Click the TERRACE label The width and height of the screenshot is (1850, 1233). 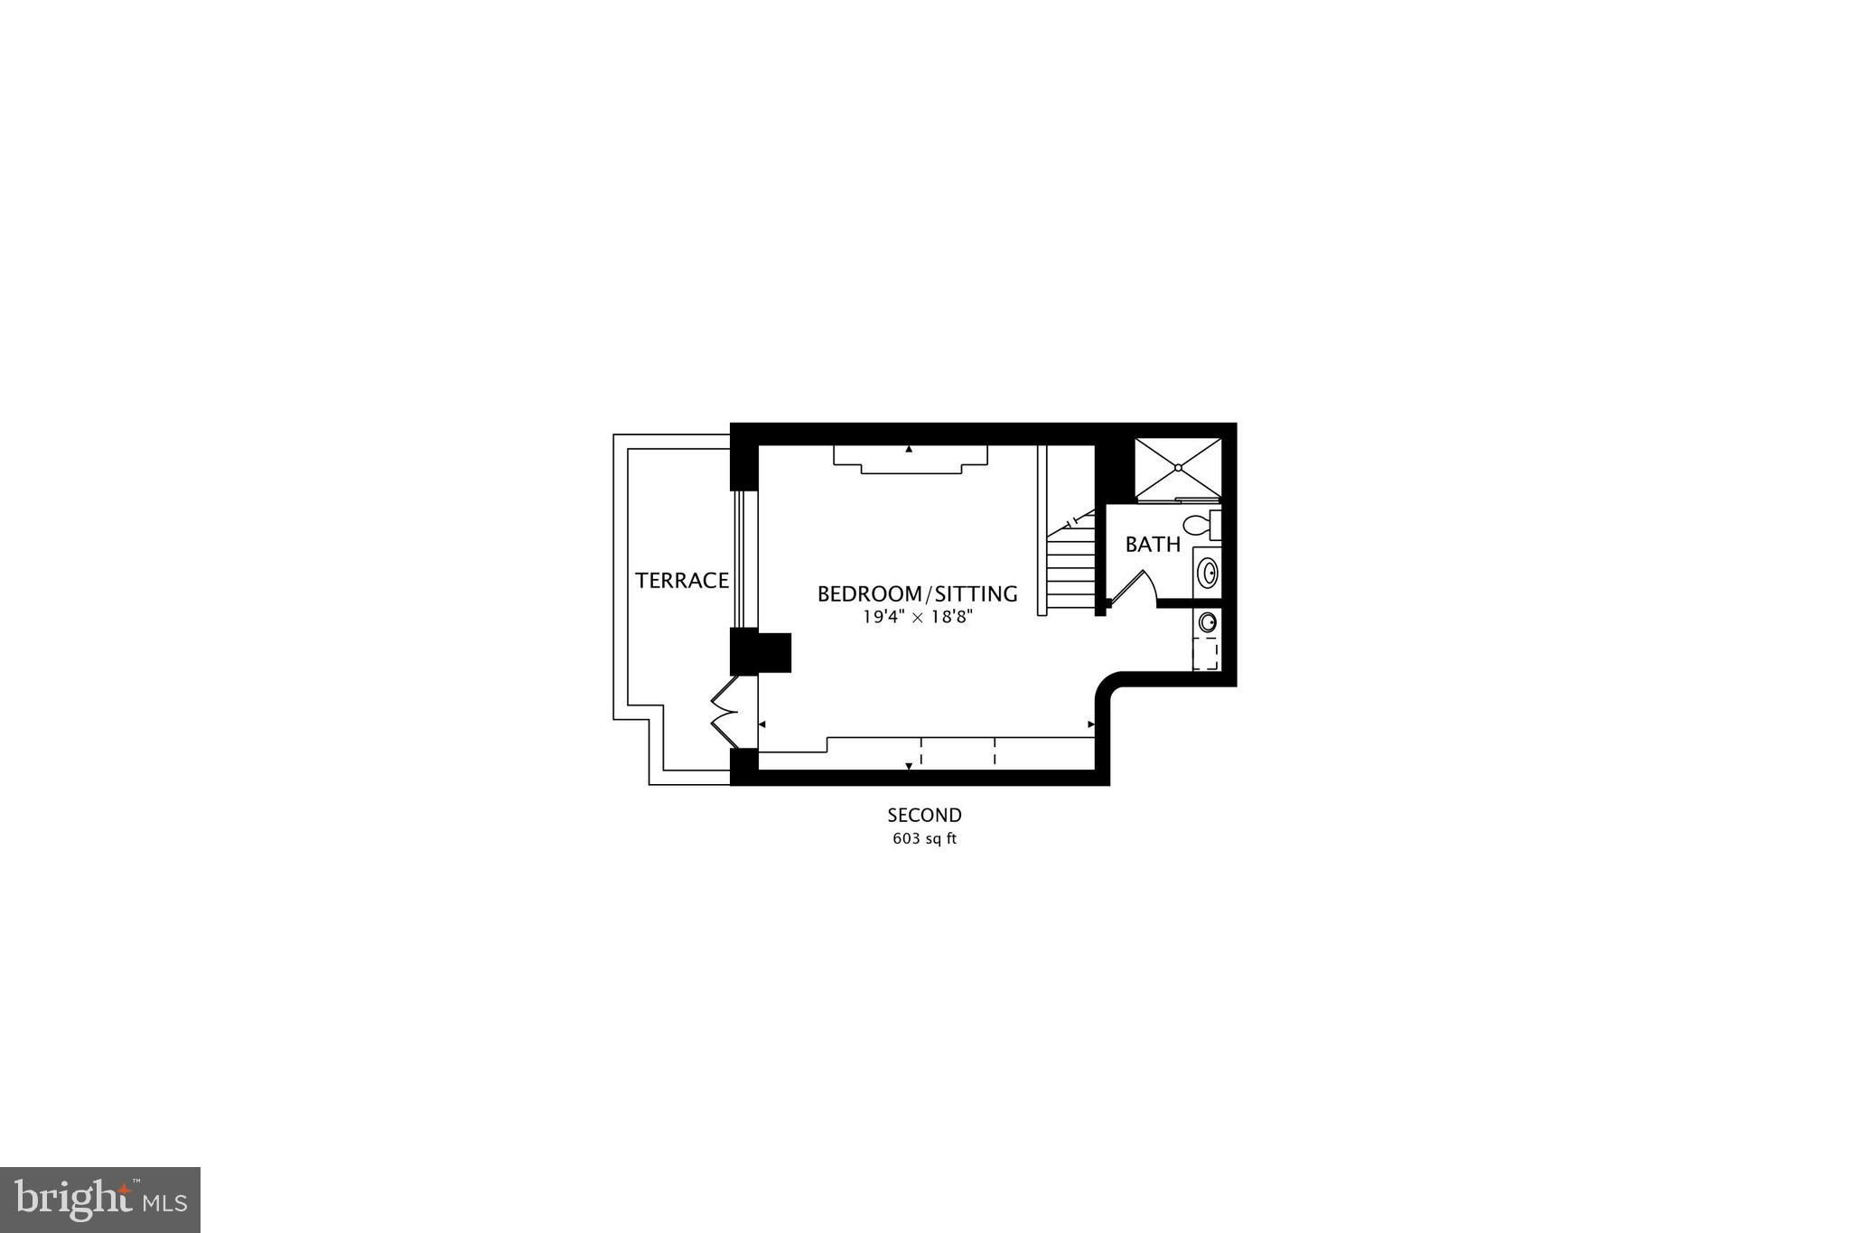click(682, 581)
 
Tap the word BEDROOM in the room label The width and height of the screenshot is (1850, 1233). click(868, 594)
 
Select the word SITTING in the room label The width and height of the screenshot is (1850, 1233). click(976, 594)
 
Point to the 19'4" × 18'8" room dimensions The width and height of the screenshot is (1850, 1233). click(917, 618)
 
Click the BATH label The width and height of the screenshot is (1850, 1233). click(1153, 545)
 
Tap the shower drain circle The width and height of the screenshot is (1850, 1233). click(1178, 467)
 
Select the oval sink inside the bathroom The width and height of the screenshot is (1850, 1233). click(1207, 572)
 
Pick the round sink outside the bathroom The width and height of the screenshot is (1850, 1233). click(1207, 621)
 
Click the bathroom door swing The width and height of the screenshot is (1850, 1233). click(1133, 587)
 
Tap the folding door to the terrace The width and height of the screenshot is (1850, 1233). click(726, 710)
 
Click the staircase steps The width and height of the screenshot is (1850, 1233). click(1070, 562)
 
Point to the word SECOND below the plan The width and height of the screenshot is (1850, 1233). click(924, 816)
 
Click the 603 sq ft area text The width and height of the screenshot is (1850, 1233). click(924, 838)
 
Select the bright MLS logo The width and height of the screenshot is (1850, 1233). click(100, 1200)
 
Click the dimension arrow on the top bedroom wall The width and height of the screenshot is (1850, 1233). click(909, 448)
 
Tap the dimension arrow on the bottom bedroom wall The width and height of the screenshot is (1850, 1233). click(909, 766)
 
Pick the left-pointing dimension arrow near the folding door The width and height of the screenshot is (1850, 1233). click(762, 724)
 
